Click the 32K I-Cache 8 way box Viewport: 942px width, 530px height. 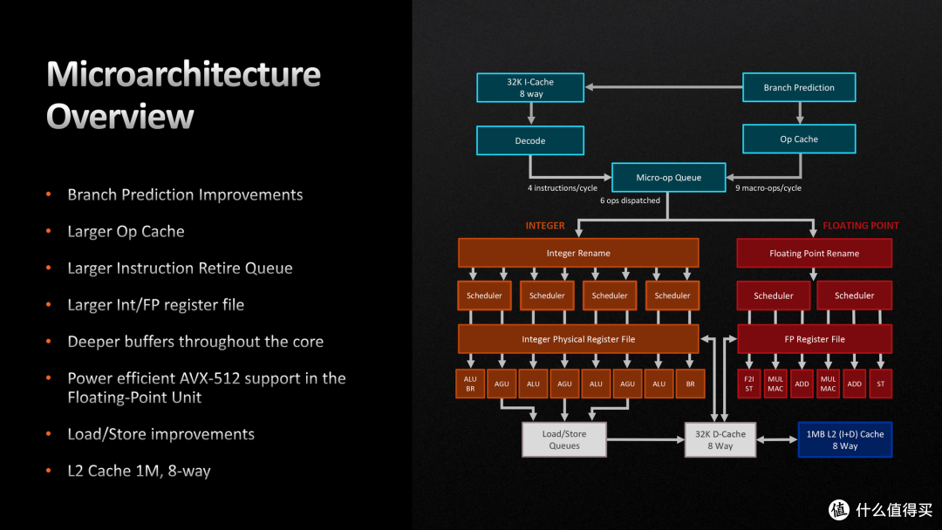530,88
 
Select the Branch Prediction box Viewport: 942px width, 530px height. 798,87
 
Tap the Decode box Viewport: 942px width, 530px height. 530,140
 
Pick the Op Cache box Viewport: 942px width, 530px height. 798,139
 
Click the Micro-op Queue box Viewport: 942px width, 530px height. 668,178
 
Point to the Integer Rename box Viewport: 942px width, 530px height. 578,254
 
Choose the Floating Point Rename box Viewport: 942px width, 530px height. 814,254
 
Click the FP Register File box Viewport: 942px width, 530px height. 814,339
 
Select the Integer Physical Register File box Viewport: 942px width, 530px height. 578,339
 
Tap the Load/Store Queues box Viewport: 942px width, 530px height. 564,439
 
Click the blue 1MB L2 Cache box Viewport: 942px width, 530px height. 845,439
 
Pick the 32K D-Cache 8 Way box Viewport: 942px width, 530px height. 720,439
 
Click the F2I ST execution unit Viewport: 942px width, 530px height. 748,384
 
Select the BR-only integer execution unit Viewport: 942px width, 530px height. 690,384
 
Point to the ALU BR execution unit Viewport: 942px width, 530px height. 470,384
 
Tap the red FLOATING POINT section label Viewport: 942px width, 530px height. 860,226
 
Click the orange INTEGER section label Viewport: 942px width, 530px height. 544,226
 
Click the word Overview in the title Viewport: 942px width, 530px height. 120,117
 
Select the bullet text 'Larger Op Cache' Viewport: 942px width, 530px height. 126,232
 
